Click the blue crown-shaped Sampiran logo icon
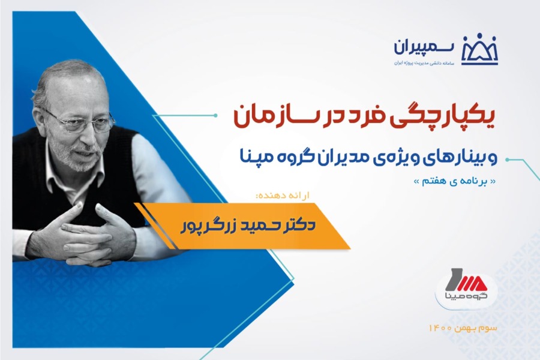point(479,50)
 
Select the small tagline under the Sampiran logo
point(425,64)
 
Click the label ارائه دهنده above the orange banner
point(283,196)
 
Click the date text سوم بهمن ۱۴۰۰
point(463,328)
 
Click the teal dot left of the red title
point(215,115)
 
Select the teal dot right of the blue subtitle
point(507,160)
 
